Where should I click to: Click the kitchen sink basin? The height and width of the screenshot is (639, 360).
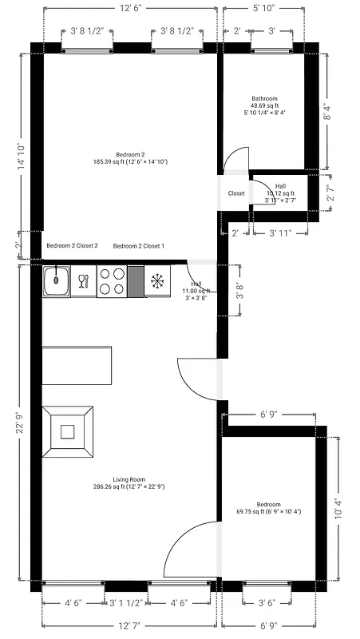click(57, 280)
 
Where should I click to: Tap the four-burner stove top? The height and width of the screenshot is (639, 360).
click(111, 282)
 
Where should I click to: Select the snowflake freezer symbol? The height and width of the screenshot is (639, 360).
click(157, 280)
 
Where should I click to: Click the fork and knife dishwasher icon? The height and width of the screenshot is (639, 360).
click(83, 280)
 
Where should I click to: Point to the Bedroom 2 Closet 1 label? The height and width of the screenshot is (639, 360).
click(139, 246)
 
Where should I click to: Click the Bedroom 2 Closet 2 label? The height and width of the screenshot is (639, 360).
click(72, 246)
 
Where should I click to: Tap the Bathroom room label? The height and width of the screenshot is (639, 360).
click(266, 99)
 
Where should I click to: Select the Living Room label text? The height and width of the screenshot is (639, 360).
click(133, 479)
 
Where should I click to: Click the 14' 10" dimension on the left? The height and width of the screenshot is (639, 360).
click(20, 157)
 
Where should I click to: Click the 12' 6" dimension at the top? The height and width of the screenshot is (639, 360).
click(132, 9)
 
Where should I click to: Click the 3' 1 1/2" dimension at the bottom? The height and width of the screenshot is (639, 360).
click(126, 603)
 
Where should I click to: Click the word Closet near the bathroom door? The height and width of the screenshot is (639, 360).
click(236, 193)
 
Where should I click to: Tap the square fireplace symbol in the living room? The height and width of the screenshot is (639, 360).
click(68, 432)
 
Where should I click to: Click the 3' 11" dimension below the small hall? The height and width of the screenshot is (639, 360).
click(279, 233)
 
